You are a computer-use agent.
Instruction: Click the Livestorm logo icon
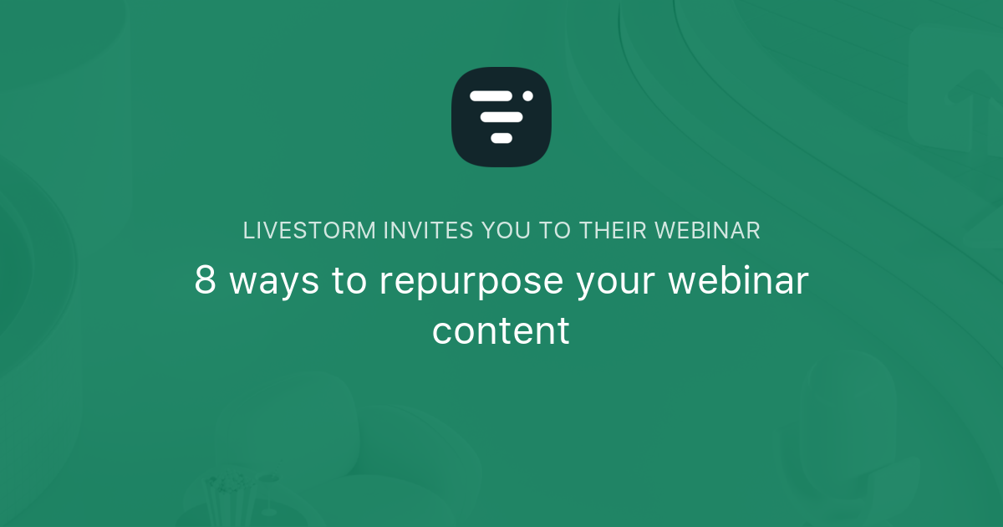[x=501, y=116]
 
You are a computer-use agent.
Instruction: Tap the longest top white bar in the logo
[x=491, y=96]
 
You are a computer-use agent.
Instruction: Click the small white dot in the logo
[x=527, y=96]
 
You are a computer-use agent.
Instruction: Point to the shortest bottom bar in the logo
[x=501, y=138]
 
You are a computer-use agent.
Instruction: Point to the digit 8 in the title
[x=206, y=281]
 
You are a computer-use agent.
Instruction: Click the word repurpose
[x=471, y=283]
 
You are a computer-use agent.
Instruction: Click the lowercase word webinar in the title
[x=737, y=281]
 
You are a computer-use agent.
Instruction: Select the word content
[x=501, y=330]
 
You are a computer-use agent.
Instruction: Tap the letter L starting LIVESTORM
[x=248, y=231]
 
